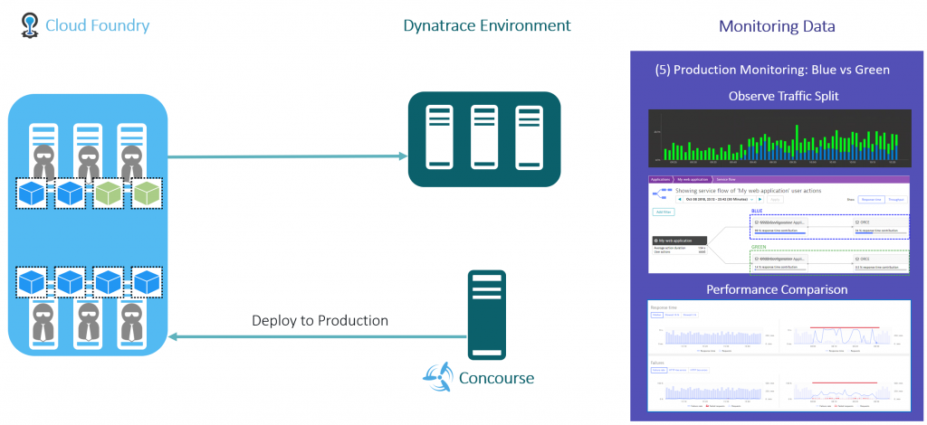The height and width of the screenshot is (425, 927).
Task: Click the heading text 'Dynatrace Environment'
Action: tap(487, 25)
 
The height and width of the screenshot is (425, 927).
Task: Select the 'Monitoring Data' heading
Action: tap(777, 26)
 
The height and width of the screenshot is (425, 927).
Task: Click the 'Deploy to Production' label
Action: tap(320, 320)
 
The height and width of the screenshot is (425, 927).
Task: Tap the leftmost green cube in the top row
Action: tap(108, 193)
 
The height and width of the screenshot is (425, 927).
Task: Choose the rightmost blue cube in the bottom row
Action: tap(146, 281)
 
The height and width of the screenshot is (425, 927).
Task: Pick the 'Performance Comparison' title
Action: tap(778, 289)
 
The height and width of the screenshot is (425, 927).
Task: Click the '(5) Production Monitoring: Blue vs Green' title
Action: tap(772, 70)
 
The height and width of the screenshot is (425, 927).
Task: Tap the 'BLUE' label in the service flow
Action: tap(758, 212)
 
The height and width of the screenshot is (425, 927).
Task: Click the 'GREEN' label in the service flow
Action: tap(760, 246)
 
